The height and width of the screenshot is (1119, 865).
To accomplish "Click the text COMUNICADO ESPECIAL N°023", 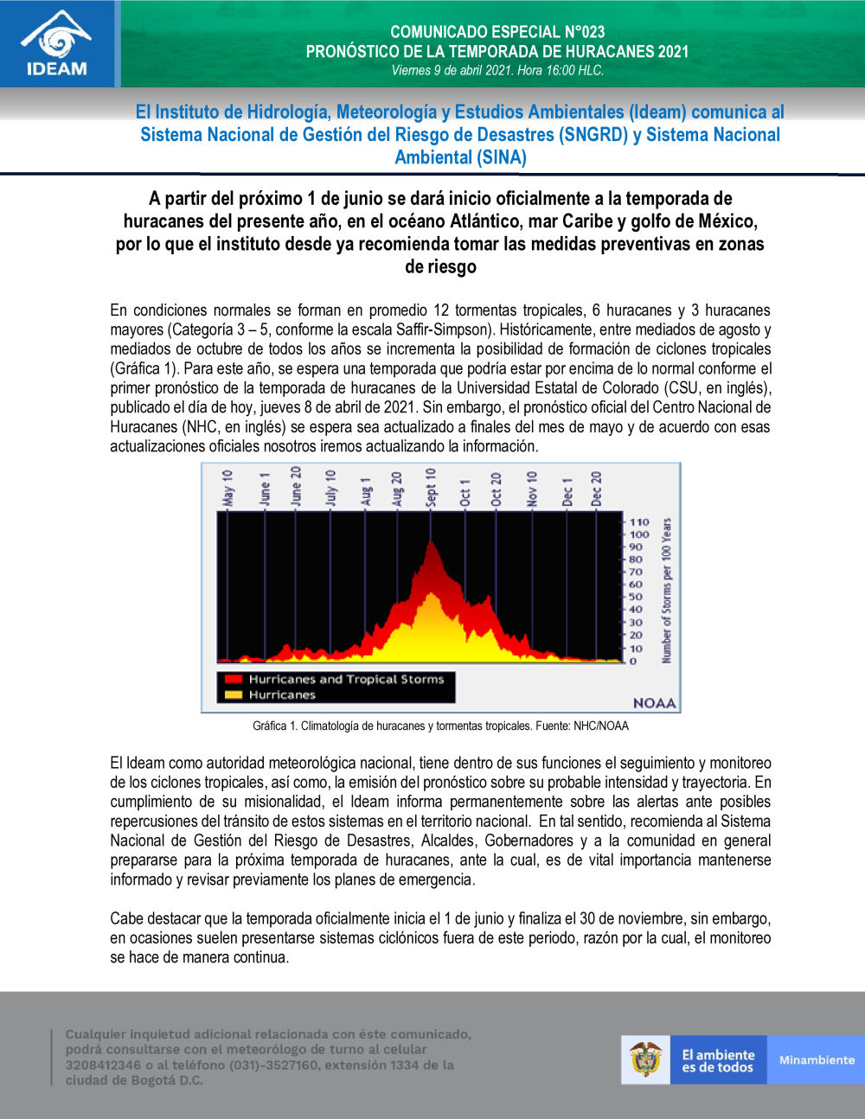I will tap(497, 32).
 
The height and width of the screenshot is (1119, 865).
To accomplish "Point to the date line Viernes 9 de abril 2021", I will tap(497, 71).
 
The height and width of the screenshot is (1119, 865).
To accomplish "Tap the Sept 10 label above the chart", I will tap(431, 487).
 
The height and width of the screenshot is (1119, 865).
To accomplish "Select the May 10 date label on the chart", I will tap(227, 488).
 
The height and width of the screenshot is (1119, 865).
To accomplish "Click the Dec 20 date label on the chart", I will tap(596, 489).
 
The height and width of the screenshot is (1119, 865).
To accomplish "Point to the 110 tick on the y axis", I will tap(639, 522).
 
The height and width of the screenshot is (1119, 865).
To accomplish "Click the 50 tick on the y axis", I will tap(636, 597).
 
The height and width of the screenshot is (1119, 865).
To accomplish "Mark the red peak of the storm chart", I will tap(431, 545).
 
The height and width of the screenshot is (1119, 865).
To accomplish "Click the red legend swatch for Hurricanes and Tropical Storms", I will tap(233, 680).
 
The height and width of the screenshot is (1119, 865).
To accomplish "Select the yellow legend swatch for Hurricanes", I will tap(233, 694).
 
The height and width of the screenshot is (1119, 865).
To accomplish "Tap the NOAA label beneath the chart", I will tap(654, 703).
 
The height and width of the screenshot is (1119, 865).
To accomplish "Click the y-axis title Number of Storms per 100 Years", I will tap(666, 591).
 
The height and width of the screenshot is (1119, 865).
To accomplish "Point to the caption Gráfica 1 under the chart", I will tap(440, 726).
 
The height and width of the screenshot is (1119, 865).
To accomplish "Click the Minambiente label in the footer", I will tap(817, 1060).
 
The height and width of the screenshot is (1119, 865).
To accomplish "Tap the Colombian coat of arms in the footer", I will tap(645, 1059).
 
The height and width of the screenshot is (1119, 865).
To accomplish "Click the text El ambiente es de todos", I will tap(718, 1061).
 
